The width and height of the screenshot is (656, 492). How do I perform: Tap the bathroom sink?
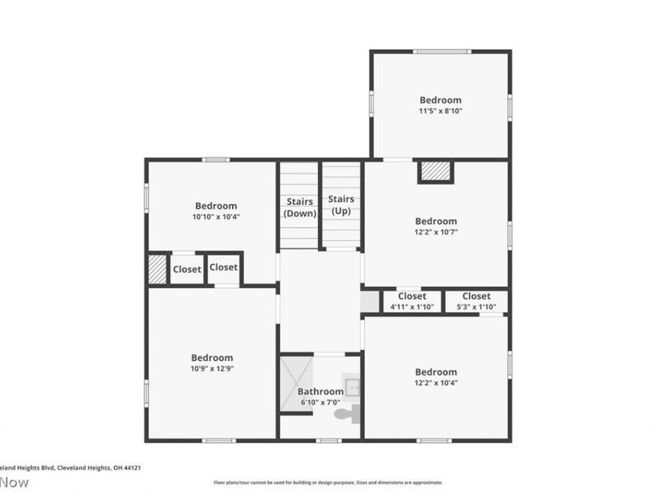click(x=352, y=386)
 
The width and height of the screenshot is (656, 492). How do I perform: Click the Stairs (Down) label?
click(x=299, y=207)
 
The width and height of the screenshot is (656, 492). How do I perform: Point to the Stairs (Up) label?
click(x=341, y=204)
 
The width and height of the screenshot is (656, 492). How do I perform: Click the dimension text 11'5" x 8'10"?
click(x=440, y=111)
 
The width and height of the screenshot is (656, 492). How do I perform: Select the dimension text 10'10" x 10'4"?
click(x=216, y=217)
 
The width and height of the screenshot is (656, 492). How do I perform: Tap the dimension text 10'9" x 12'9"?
click(x=212, y=369)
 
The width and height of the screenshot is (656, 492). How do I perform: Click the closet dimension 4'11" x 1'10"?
click(x=412, y=307)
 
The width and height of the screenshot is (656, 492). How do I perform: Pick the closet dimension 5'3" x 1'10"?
click(x=476, y=307)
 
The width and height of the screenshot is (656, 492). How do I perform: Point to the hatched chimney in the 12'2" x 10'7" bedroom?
click(x=435, y=171)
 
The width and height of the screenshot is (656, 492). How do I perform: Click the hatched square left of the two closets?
click(x=157, y=269)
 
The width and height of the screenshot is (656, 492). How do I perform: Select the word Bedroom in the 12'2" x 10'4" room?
click(x=435, y=371)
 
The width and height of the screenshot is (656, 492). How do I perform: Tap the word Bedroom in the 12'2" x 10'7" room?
click(x=435, y=221)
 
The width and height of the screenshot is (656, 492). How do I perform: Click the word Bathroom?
click(x=319, y=391)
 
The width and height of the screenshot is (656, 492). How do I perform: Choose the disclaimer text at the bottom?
click(x=328, y=482)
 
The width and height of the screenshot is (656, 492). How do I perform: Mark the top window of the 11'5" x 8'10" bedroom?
click(x=441, y=52)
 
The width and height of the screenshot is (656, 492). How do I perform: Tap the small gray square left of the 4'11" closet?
click(x=370, y=301)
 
